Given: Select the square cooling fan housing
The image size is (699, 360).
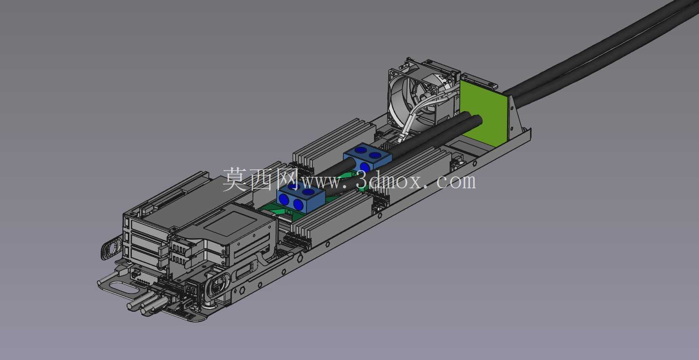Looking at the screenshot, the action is click(x=420, y=95).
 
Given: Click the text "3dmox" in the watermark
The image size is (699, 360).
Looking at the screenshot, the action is click(x=390, y=181).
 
